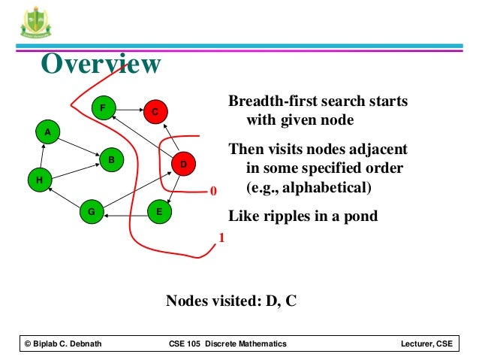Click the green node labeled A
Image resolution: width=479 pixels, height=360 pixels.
(47, 132)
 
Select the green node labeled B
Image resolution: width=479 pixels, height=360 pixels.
(110, 159)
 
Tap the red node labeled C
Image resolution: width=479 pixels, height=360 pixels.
(155, 112)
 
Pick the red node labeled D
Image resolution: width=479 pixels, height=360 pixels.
(182, 163)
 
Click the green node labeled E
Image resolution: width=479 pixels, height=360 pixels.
(158, 212)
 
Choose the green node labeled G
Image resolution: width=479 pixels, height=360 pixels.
(92, 212)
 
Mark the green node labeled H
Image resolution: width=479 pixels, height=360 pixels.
(38, 180)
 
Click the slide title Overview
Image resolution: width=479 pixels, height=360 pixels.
(100, 65)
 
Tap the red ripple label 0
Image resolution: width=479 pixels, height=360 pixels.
(212, 192)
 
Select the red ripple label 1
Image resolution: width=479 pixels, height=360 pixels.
(221, 239)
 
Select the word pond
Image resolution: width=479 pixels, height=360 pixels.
(359, 216)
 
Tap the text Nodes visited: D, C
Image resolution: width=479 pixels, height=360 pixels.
(231, 301)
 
